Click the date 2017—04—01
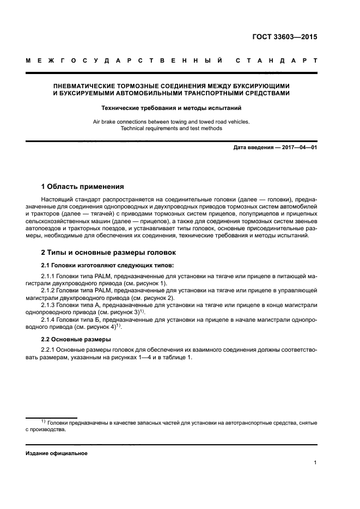coord(299,148)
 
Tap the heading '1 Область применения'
coord(83,186)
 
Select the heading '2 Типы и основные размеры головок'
coord(108,253)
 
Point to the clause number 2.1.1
coord(50,277)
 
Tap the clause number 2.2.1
coord(50,348)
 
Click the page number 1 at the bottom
coord(315,463)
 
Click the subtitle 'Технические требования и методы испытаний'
coord(171,108)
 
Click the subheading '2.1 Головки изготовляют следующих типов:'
coord(108,265)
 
